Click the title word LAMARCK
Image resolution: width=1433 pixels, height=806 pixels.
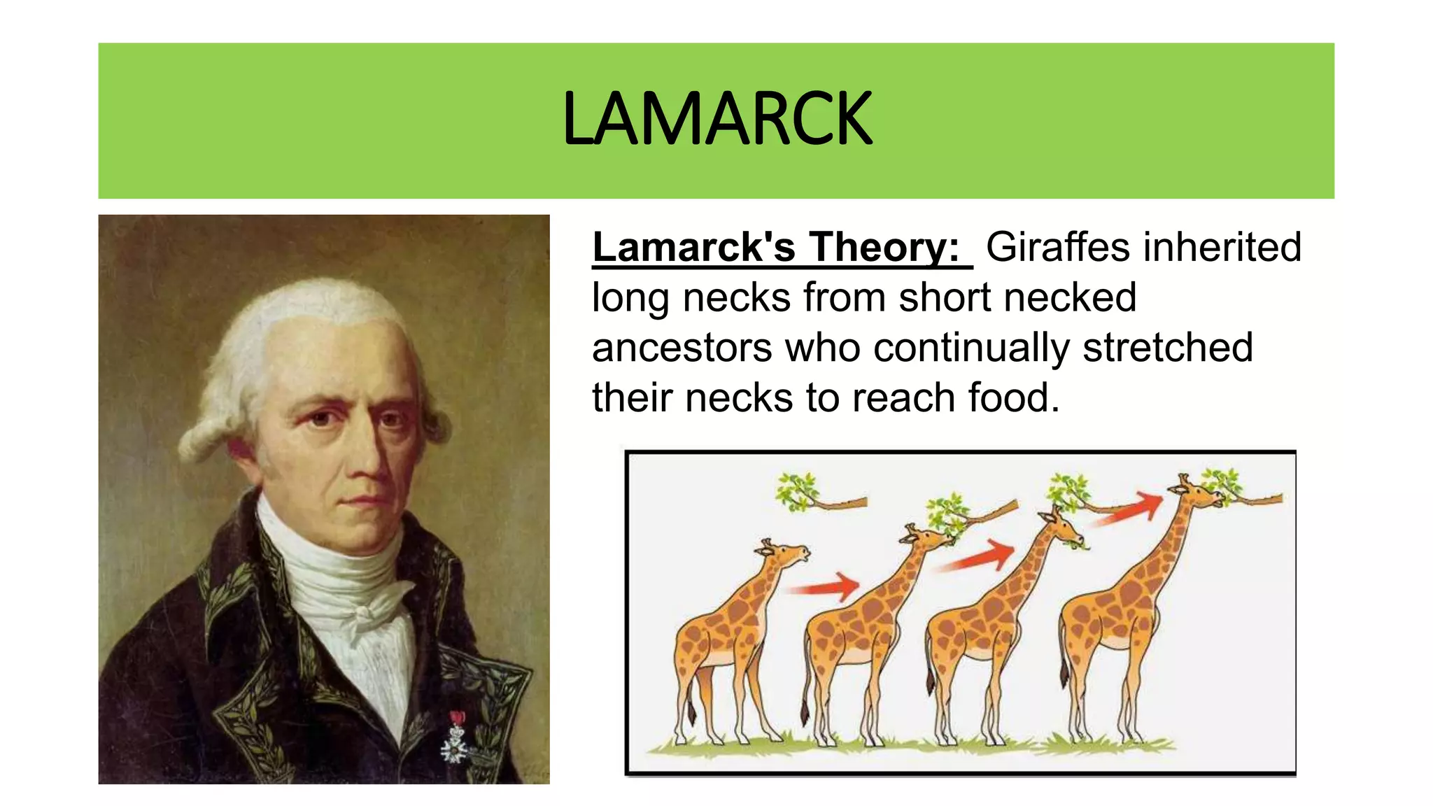(716, 119)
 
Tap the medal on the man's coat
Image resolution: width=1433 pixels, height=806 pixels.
(456, 738)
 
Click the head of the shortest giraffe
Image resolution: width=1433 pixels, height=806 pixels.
(787, 555)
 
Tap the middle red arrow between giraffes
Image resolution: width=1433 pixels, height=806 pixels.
(980, 556)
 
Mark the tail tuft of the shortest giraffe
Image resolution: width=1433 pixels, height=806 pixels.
(691, 714)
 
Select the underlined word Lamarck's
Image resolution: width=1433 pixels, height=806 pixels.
(693, 247)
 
